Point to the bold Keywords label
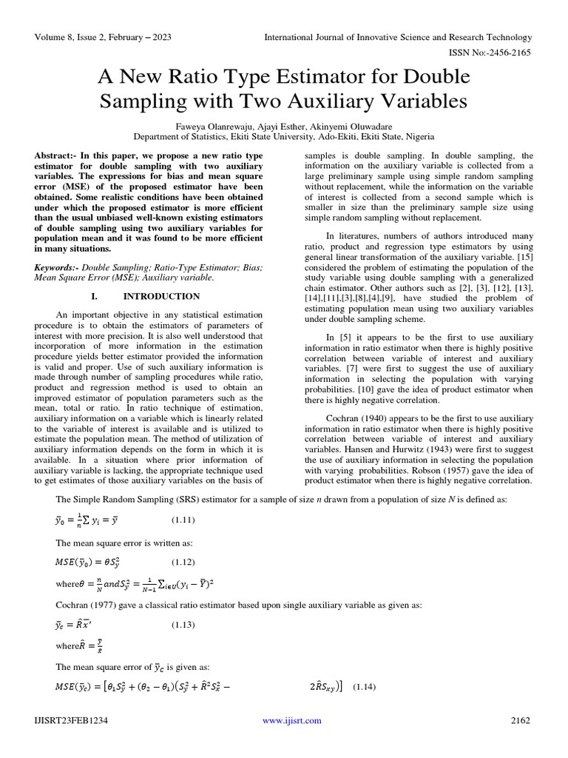56,266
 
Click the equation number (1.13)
184,625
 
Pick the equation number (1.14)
365,687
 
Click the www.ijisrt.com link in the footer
293,720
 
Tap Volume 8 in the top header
59,37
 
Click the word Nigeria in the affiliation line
417,137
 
